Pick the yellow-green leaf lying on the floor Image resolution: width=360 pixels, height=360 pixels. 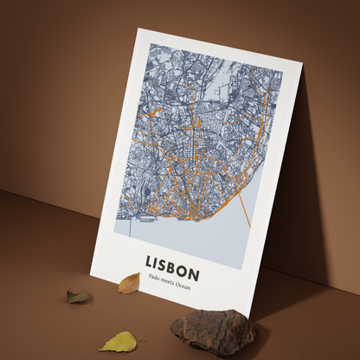coord(119,342)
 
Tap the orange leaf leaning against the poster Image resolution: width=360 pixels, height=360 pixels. coord(129,282)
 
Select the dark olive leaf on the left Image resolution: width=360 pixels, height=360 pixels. coord(79,296)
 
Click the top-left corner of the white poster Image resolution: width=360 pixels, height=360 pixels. coord(136,29)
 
